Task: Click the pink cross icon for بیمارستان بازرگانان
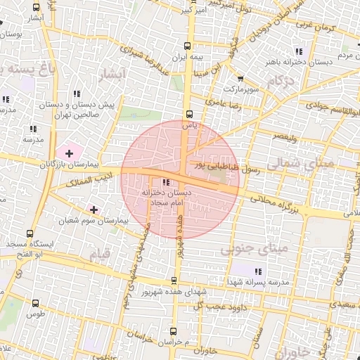(69, 153)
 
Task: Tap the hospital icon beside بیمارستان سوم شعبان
(94, 210)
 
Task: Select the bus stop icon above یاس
(188, 114)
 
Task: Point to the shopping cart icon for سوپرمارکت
(241, 79)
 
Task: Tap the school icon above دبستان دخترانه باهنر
(300, 51)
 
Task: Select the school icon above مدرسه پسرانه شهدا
(257, 271)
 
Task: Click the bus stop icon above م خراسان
(168, 330)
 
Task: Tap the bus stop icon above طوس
(36, 303)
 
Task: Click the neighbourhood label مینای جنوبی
(254, 249)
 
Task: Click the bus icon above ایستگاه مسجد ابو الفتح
(29, 234)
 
